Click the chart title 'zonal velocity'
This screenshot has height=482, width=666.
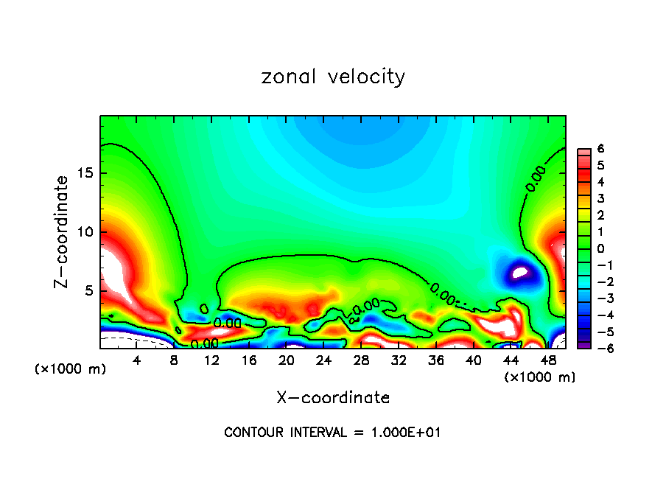pos(333,77)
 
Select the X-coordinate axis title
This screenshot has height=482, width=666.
pos(333,398)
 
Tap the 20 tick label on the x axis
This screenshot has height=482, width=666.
pos(287,360)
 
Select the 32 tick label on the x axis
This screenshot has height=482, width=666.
pos(399,360)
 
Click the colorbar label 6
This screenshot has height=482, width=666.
pos(600,148)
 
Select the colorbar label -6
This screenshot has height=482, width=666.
pos(598,348)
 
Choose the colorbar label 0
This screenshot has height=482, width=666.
pos(600,248)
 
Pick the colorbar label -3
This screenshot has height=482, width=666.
pos(598,298)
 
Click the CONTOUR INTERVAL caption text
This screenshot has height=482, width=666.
pos(333,433)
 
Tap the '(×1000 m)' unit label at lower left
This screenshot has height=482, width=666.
pos(71,369)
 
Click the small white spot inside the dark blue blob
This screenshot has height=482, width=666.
pos(520,273)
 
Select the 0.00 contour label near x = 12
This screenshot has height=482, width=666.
pos(227,322)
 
